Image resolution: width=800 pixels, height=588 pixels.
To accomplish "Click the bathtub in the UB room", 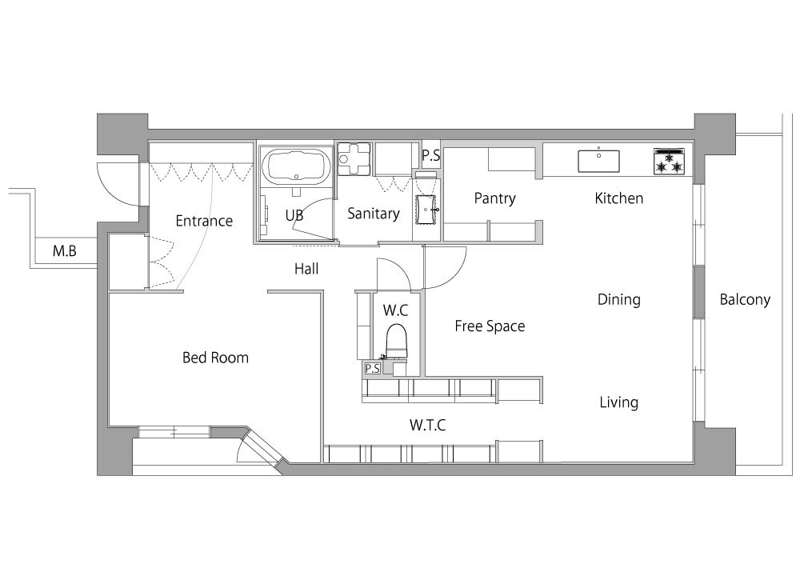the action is pyautogui.click(x=297, y=166).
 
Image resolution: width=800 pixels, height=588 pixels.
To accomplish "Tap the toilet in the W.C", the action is pyautogui.click(x=397, y=342).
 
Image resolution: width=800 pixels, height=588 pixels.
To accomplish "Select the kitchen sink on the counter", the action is pyautogui.click(x=598, y=161).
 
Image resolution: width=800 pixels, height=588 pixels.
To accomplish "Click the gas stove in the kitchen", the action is pyautogui.click(x=669, y=162).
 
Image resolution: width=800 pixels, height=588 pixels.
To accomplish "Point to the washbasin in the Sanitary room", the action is pyautogui.click(x=426, y=210).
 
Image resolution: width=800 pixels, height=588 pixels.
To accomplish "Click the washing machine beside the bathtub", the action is pyautogui.click(x=354, y=158).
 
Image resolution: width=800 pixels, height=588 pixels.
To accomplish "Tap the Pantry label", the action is pyautogui.click(x=494, y=198).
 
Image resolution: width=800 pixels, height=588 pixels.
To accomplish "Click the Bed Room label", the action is pyautogui.click(x=215, y=358).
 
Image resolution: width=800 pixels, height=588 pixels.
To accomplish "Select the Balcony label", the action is pyautogui.click(x=745, y=300).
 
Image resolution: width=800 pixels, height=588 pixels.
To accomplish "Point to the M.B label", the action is pyautogui.click(x=64, y=251).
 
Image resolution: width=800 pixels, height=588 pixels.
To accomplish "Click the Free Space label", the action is pyautogui.click(x=490, y=326).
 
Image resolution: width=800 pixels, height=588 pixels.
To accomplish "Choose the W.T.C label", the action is pyautogui.click(x=427, y=425).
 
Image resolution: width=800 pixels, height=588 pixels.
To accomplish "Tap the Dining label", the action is pyautogui.click(x=619, y=300).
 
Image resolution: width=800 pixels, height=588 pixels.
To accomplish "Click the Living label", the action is pyautogui.click(x=619, y=402).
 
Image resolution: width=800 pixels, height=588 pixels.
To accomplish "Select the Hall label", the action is pyautogui.click(x=306, y=269).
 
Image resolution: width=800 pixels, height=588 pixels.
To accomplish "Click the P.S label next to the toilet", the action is pyautogui.click(x=373, y=368).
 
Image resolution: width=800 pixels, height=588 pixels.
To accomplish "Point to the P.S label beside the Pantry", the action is pyautogui.click(x=431, y=155).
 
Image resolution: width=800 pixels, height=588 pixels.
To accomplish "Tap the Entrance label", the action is pyautogui.click(x=204, y=221).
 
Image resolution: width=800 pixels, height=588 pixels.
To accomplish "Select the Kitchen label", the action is pyautogui.click(x=619, y=198).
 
